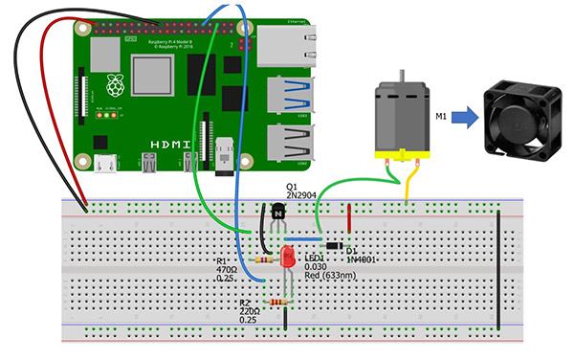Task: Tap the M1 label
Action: tap(443, 119)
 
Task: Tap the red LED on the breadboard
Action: tap(288, 257)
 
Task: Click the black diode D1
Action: tap(334, 246)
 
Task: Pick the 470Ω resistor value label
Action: tap(229, 271)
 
